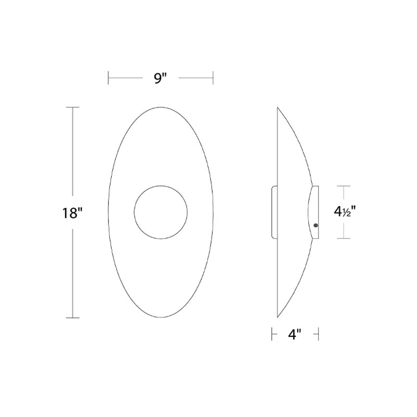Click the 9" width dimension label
pyautogui.click(x=161, y=79)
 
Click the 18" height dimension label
pyautogui.click(x=72, y=213)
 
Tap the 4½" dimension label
pyautogui.click(x=345, y=212)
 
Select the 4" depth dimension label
pyautogui.click(x=295, y=335)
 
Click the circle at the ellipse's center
pyautogui.click(x=161, y=212)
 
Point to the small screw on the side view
pyautogui.click(x=316, y=225)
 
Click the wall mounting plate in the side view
pyautogui.click(x=274, y=212)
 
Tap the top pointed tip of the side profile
pyautogui.click(x=277, y=108)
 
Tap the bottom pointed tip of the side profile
pyautogui.click(x=277, y=317)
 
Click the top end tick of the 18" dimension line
pyautogui.click(x=72, y=107)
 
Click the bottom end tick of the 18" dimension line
pyautogui.click(x=72, y=317)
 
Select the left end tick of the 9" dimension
pyautogui.click(x=108, y=78)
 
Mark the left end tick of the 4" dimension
pyautogui.click(x=272, y=335)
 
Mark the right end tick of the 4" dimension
pyautogui.click(x=318, y=335)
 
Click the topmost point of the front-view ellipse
pyautogui.click(x=161, y=107)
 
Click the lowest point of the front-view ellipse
pyautogui.click(x=161, y=317)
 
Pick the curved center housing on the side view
pyautogui.click(x=313, y=212)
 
